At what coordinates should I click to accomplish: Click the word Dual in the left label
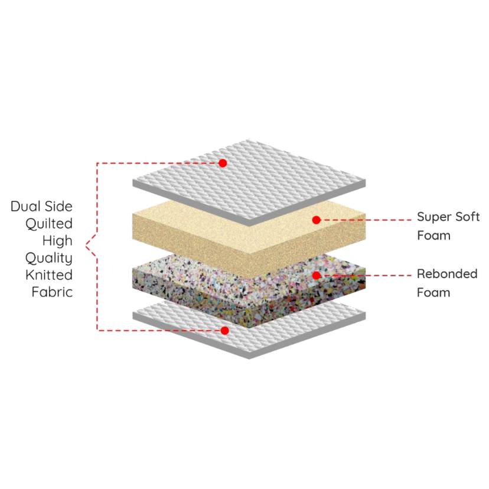pos(25,207)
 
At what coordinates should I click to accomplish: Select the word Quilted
pos(49,224)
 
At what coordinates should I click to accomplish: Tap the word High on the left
pos(57,241)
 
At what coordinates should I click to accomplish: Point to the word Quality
pos(49,258)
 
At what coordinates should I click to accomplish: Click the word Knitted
pos(49,275)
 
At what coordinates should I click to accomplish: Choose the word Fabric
pos(52,292)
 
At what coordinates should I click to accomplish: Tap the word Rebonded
pos(447,274)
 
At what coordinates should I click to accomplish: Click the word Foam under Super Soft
pos(434,236)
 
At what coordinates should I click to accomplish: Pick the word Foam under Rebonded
pos(433,292)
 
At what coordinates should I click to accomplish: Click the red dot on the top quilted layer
pos(223,163)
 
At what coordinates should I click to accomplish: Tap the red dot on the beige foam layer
pos(316,220)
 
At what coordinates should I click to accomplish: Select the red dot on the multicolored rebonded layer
pos(316,275)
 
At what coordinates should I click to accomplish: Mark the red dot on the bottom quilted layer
pos(224,331)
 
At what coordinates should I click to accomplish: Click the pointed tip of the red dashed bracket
pos(86,247)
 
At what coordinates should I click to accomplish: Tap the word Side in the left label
pos(58,207)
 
